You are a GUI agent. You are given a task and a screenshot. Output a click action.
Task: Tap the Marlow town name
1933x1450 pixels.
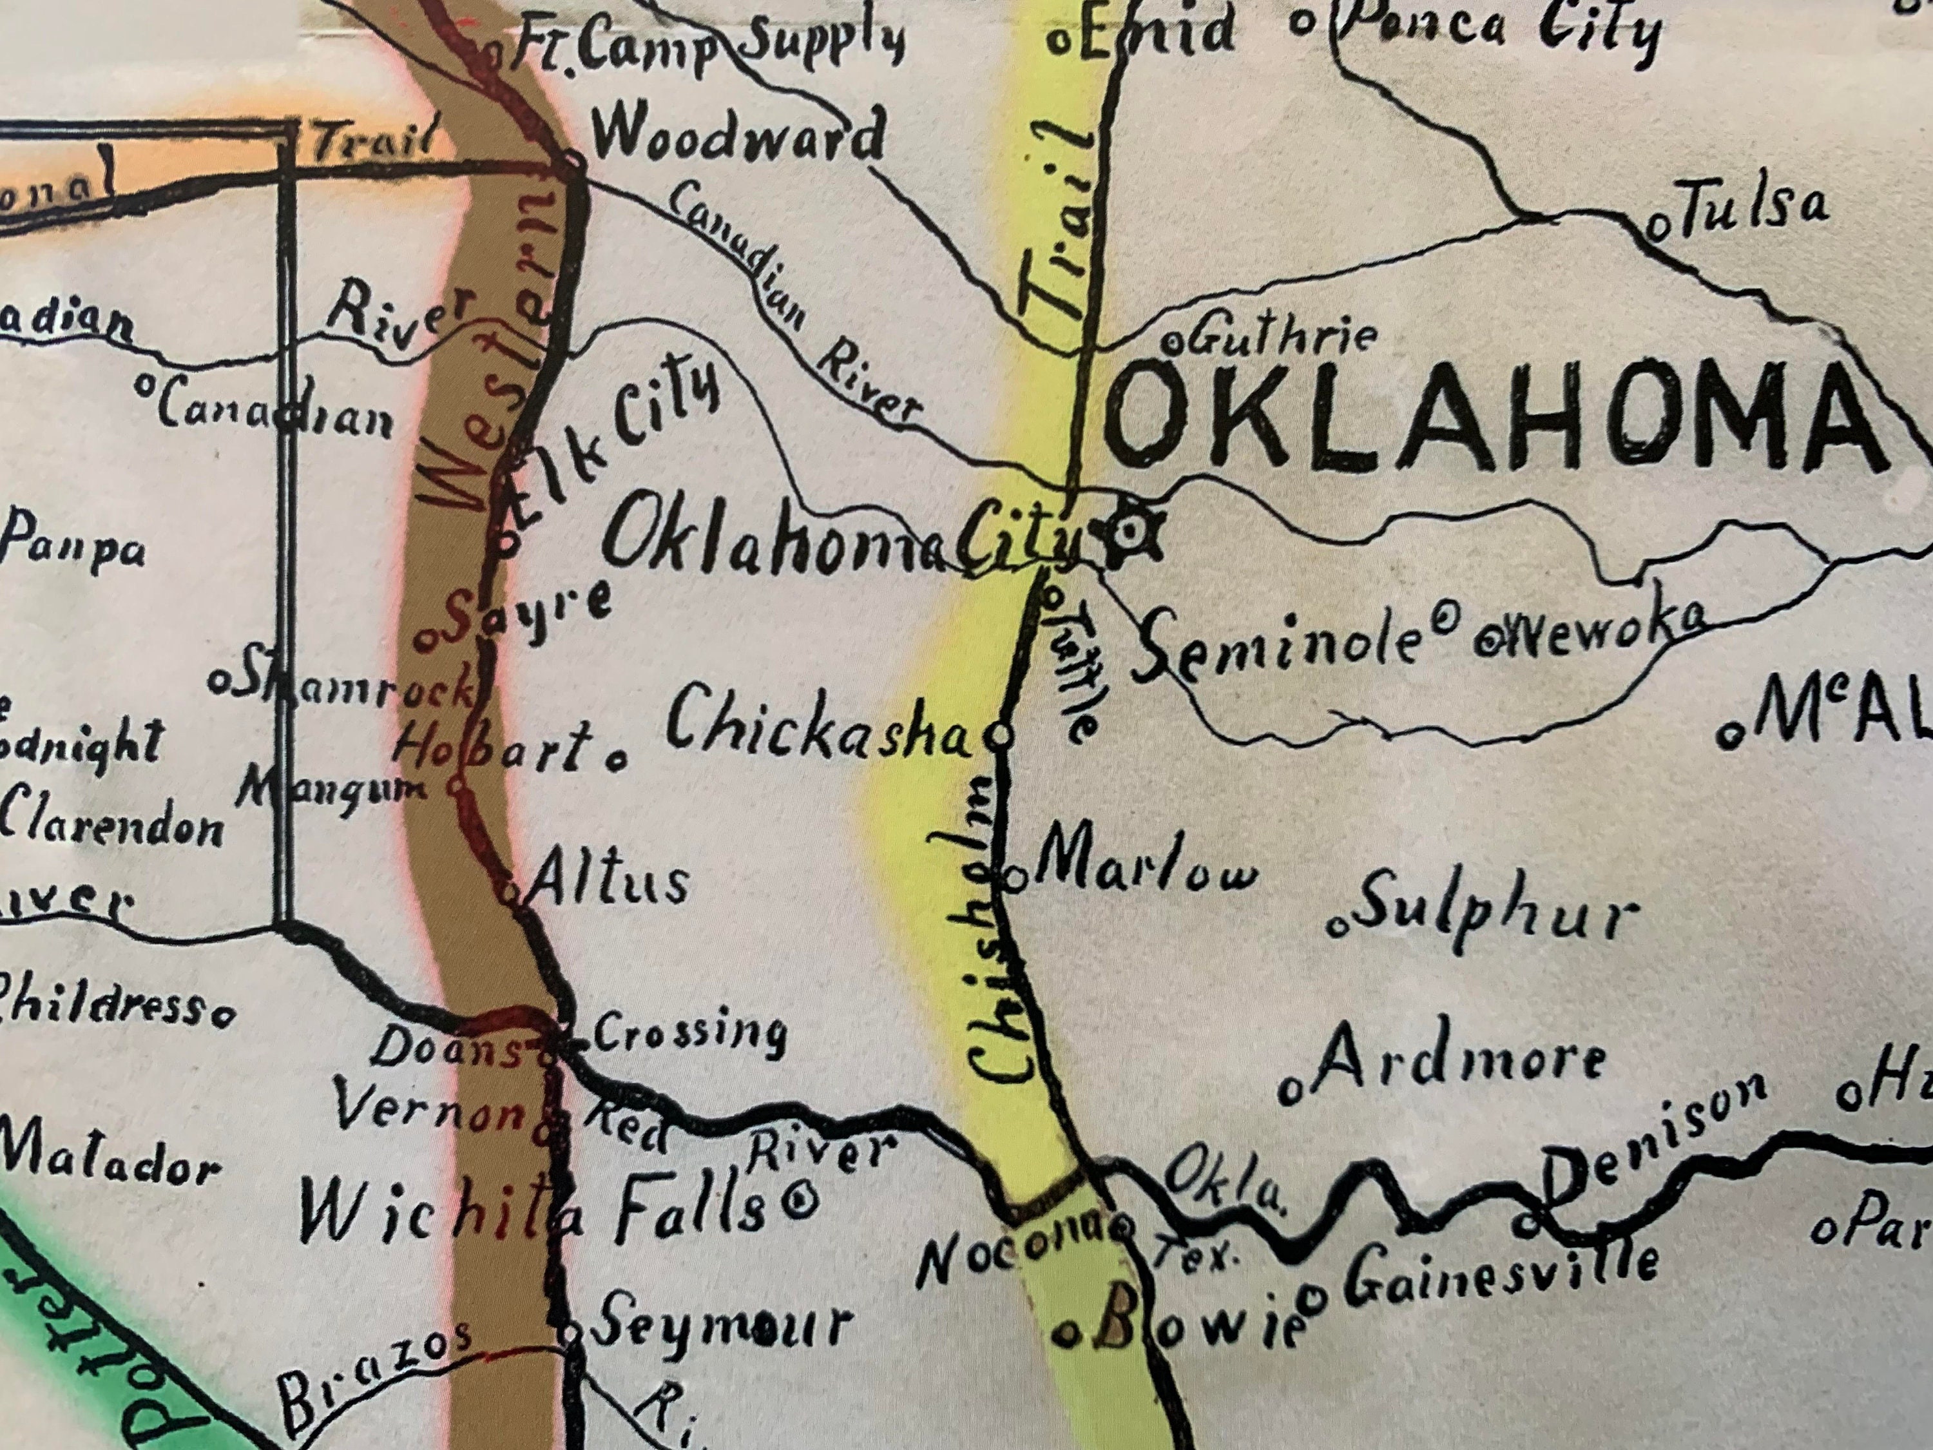point(1145,861)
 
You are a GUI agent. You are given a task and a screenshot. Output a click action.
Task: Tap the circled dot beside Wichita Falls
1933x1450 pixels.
point(797,1200)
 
